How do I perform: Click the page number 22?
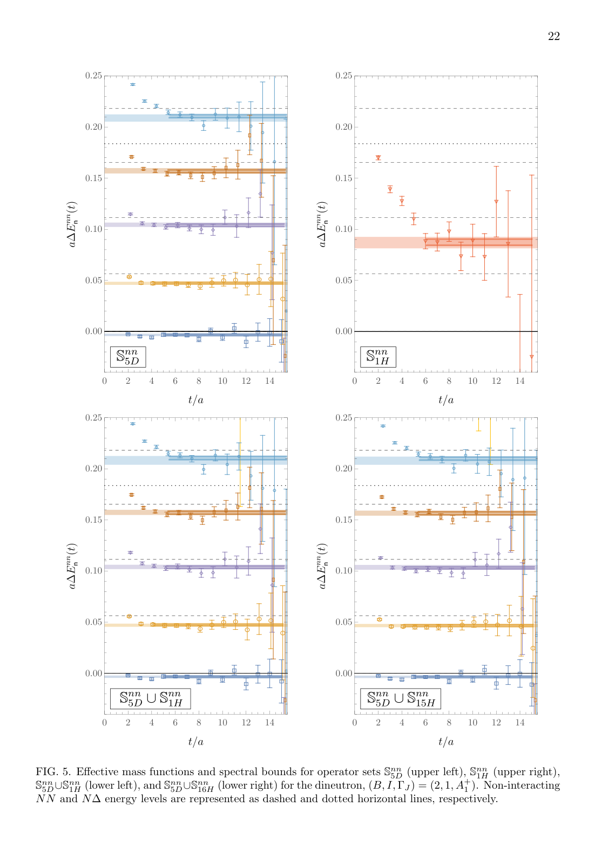tap(553, 37)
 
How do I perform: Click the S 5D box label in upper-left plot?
tap(128, 357)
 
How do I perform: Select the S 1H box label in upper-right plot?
tap(378, 357)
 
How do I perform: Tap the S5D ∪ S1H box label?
tap(151, 698)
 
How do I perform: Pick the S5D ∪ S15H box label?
tap(401, 698)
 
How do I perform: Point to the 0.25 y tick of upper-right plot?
tap(343, 76)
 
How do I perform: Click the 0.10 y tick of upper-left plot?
tap(93, 229)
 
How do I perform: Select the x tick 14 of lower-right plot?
tap(520, 723)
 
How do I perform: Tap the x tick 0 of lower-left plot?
tap(105, 723)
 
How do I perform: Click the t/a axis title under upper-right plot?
tap(446, 400)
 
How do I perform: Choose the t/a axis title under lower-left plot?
tap(196, 742)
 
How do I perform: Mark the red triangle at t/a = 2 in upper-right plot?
tap(378, 158)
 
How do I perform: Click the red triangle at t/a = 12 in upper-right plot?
tap(496, 202)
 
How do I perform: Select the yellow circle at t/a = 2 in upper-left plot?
tap(129, 277)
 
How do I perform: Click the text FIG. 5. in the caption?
tap(53, 772)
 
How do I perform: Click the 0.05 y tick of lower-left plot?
tap(93, 622)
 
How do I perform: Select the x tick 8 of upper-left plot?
tap(199, 381)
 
